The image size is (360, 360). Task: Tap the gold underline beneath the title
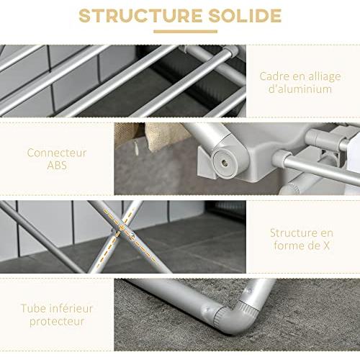coord(180,31)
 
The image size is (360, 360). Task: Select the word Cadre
coord(276,76)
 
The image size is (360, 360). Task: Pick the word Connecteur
coord(57,153)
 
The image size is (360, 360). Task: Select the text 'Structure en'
coord(302,233)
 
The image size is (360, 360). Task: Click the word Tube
coord(38,308)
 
